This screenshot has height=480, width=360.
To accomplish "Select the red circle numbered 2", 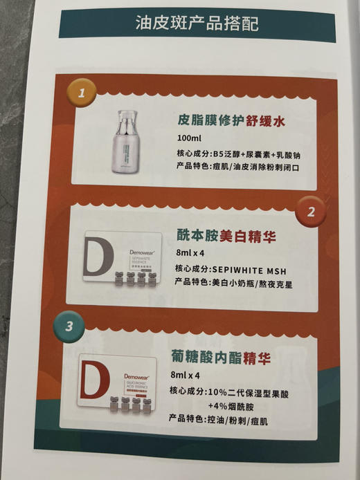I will click(x=310, y=211).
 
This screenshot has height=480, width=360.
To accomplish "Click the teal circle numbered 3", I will click(x=69, y=327).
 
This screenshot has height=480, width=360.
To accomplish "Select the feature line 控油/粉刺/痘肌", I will click(x=219, y=419).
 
